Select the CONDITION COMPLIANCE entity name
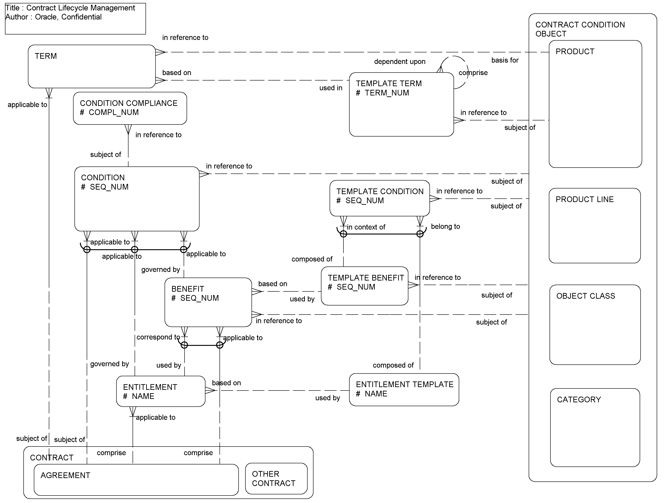[x=128, y=103]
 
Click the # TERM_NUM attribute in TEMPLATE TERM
[x=382, y=93]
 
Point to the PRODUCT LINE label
[x=585, y=200]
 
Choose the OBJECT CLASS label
[x=585, y=296]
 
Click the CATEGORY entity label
[x=579, y=400]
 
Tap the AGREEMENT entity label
[x=65, y=475]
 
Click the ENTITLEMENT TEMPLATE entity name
[x=404, y=384]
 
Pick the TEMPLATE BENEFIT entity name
[x=365, y=278]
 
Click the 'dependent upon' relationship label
[x=400, y=62]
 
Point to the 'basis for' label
[x=505, y=60]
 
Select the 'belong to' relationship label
[x=445, y=227]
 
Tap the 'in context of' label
[x=366, y=227]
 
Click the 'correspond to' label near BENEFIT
[x=158, y=337]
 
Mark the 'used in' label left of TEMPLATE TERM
[x=331, y=88]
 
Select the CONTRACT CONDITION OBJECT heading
[x=580, y=29]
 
